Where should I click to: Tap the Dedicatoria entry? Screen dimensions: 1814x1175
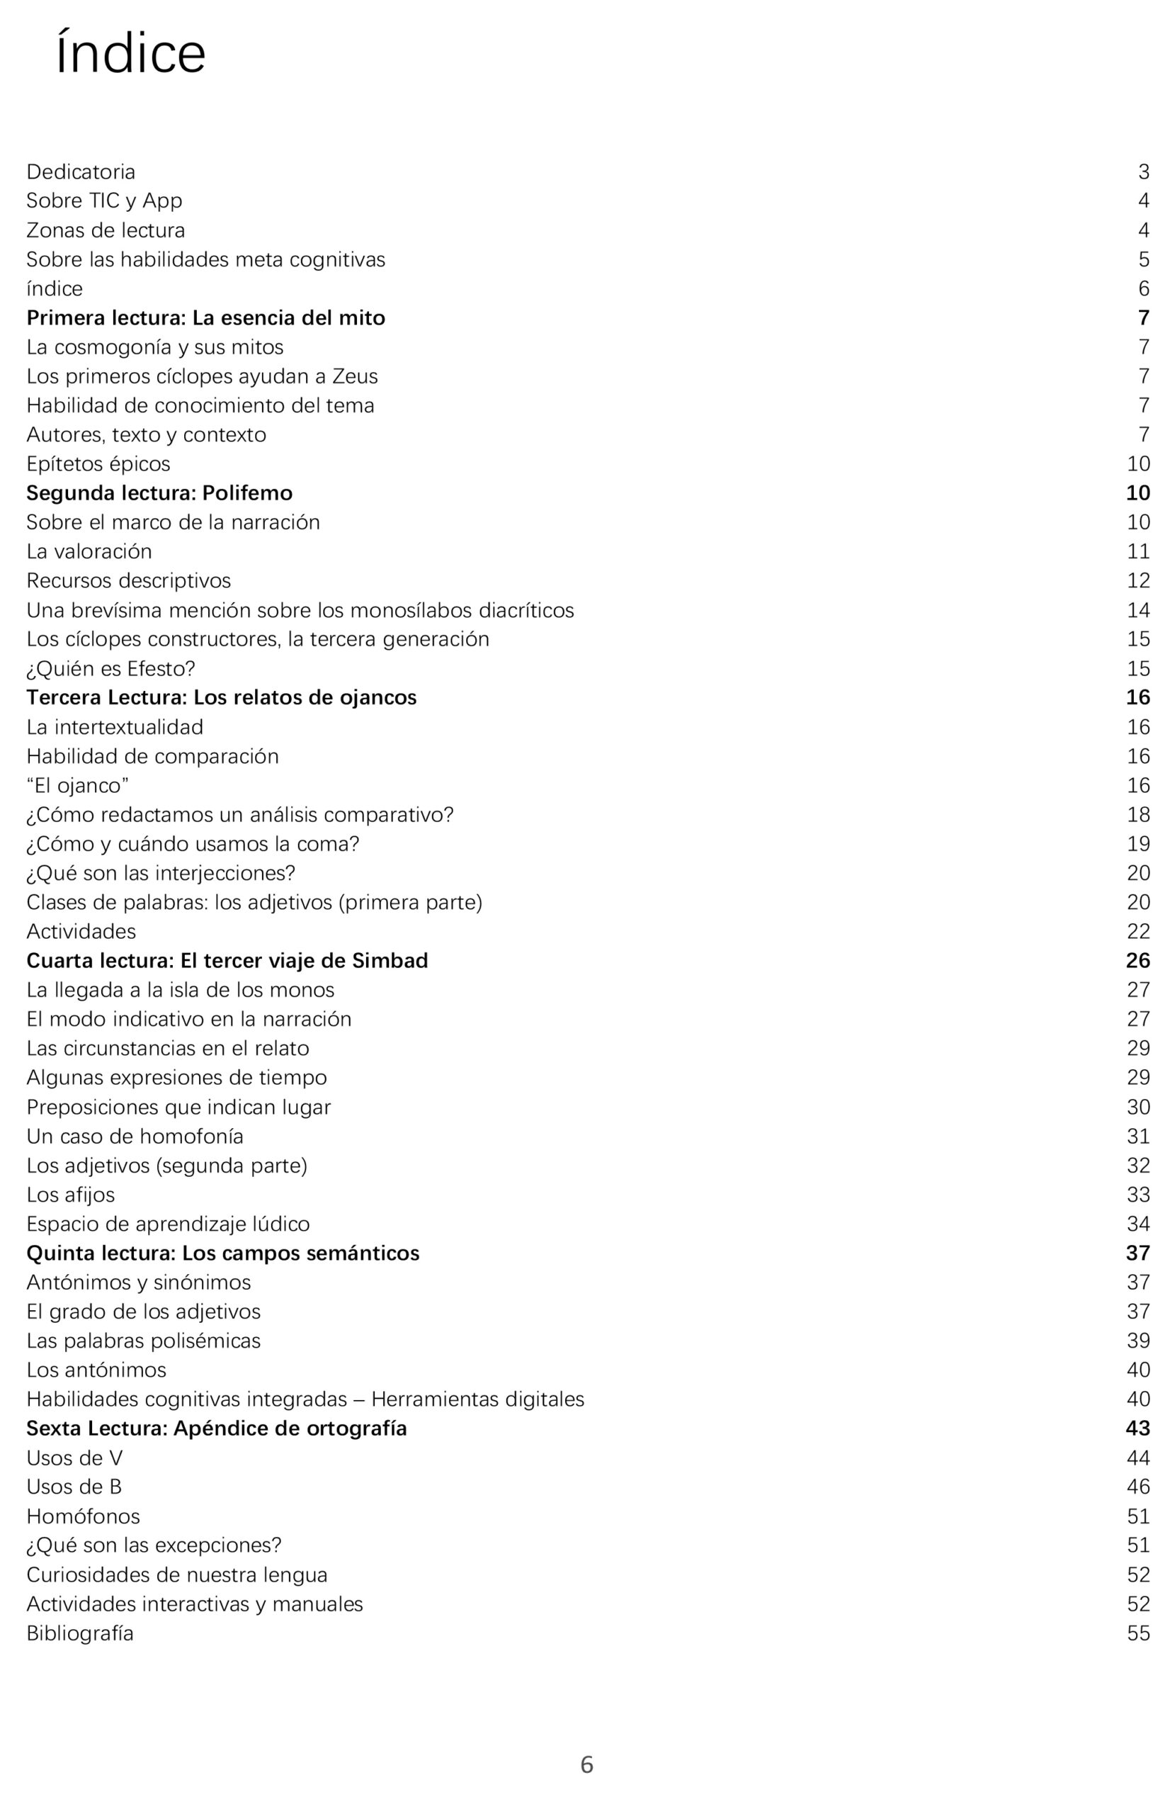pyautogui.click(x=81, y=171)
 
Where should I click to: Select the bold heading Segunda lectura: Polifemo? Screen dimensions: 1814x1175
pyautogui.click(x=159, y=493)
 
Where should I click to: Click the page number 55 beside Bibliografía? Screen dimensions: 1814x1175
pyautogui.click(x=1137, y=1633)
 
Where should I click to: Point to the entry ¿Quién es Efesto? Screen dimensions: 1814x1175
pyautogui.click(x=110, y=668)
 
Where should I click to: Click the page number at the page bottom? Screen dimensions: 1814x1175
pyautogui.click(x=586, y=1764)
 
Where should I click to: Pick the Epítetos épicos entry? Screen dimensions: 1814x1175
pyautogui.click(x=98, y=464)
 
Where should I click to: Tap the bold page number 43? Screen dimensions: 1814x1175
pyautogui.click(x=1137, y=1429)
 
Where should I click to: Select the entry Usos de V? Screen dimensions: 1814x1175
pyautogui.click(x=74, y=1458)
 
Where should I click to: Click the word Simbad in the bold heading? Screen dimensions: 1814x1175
pyautogui.click(x=390, y=960)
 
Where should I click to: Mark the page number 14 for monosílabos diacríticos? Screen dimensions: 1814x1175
pyautogui.click(x=1137, y=611)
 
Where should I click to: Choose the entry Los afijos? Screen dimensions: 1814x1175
pyautogui.click(x=71, y=1195)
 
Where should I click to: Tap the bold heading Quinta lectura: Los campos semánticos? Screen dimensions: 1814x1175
pyautogui.click(x=222, y=1253)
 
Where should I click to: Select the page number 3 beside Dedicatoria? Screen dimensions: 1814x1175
pyautogui.click(x=1143, y=171)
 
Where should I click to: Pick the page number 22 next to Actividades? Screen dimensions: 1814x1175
pyautogui.click(x=1137, y=931)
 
